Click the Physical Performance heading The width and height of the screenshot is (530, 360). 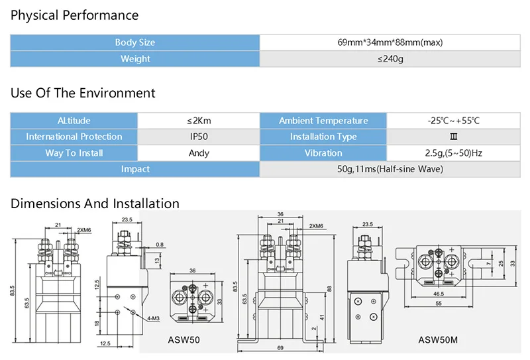74,15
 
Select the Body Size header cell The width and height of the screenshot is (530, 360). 135,42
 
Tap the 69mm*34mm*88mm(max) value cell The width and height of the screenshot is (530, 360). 390,42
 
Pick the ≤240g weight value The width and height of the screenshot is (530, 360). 390,59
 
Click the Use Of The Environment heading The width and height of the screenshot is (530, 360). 83,93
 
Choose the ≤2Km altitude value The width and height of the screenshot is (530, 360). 199,121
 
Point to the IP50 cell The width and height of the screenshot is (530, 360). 199,137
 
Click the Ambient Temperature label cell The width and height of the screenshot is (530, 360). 323,121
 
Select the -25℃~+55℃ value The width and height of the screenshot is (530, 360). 454,121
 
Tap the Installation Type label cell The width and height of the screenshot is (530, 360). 323,137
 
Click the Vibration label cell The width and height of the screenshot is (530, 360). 323,153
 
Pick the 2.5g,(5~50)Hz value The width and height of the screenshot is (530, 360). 454,153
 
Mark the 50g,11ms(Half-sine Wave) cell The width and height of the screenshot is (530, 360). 390,169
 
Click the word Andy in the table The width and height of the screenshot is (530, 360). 199,153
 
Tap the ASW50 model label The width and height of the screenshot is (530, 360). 184,339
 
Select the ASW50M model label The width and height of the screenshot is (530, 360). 438,339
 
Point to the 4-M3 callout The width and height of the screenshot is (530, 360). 153,318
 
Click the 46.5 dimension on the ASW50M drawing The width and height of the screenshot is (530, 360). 439,294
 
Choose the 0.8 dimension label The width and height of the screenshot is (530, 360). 160,244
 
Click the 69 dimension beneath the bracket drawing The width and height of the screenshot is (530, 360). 280,348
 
